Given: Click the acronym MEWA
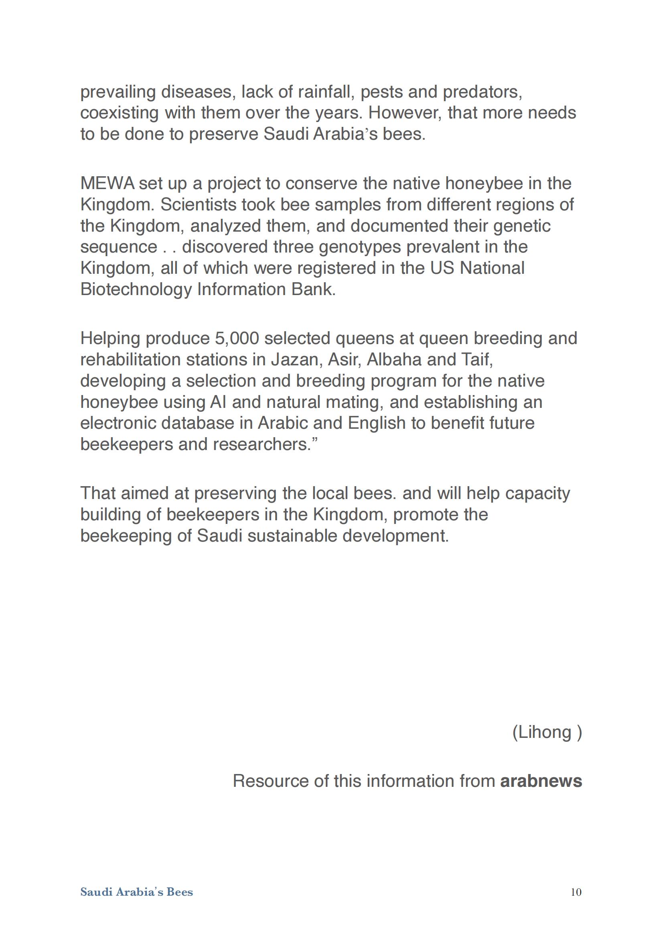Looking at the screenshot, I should [x=107, y=183].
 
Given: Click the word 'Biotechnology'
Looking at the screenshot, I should [x=136, y=289].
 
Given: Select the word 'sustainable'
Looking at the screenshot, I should [x=292, y=536].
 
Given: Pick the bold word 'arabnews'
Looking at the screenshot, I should [x=541, y=781].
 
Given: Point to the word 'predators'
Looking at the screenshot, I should [x=482, y=92].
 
